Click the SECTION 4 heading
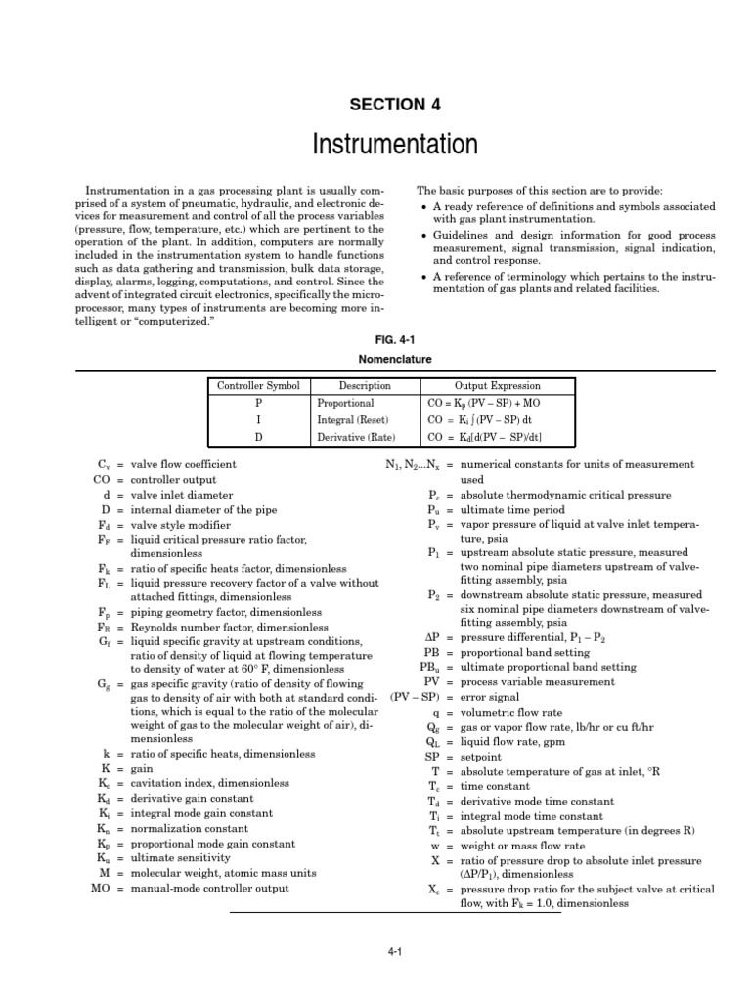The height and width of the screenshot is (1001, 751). coord(395,104)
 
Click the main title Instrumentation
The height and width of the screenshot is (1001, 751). coord(395,146)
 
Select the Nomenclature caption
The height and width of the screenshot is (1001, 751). coord(395,360)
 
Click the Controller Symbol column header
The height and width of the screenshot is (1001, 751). coord(258,386)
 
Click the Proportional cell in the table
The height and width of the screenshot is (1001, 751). coord(346,403)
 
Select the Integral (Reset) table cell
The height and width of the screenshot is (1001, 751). coord(353,419)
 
